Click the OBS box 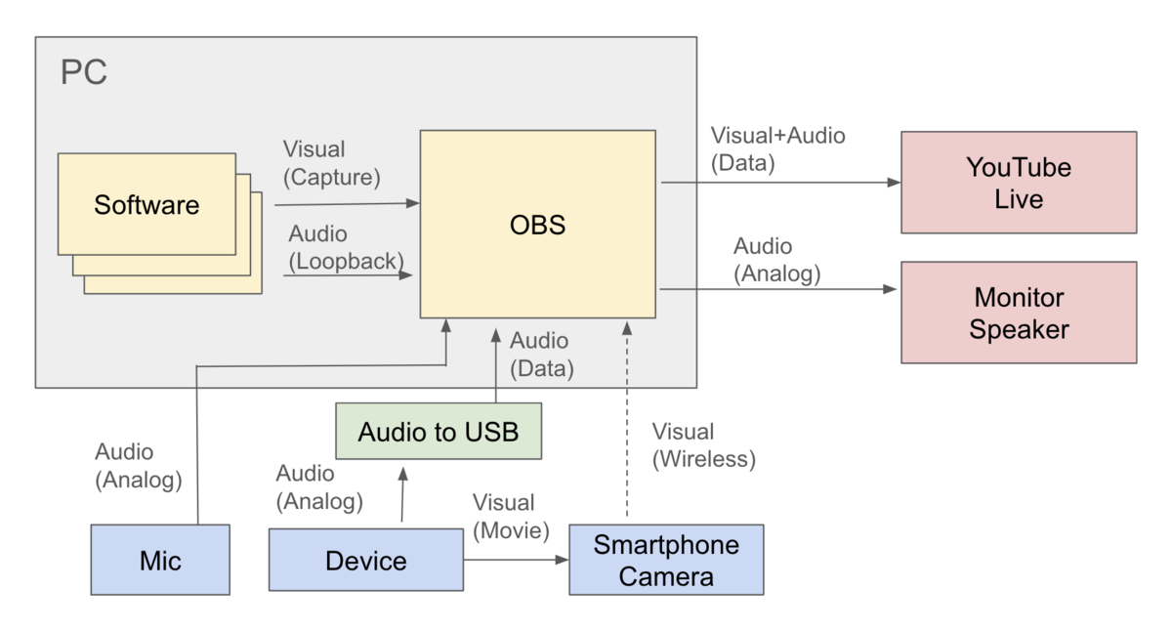tap(538, 224)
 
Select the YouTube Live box tap(1019, 183)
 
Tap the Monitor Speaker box tap(1019, 313)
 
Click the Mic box tap(160, 560)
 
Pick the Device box tap(365, 560)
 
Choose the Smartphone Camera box tap(666, 560)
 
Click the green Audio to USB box tap(439, 431)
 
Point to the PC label tap(84, 71)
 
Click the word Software tap(146, 204)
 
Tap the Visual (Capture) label tap(332, 163)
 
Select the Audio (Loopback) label tap(346, 247)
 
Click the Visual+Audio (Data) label tap(777, 149)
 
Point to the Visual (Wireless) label tap(704, 445)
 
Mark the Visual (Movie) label tap(511, 517)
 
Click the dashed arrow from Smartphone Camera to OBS tap(627, 419)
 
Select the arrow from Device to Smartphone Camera tap(516, 560)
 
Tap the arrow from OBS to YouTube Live tap(780, 183)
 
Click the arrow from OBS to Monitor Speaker tap(778, 289)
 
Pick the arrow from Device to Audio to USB tap(402, 494)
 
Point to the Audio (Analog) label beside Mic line tap(138, 466)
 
